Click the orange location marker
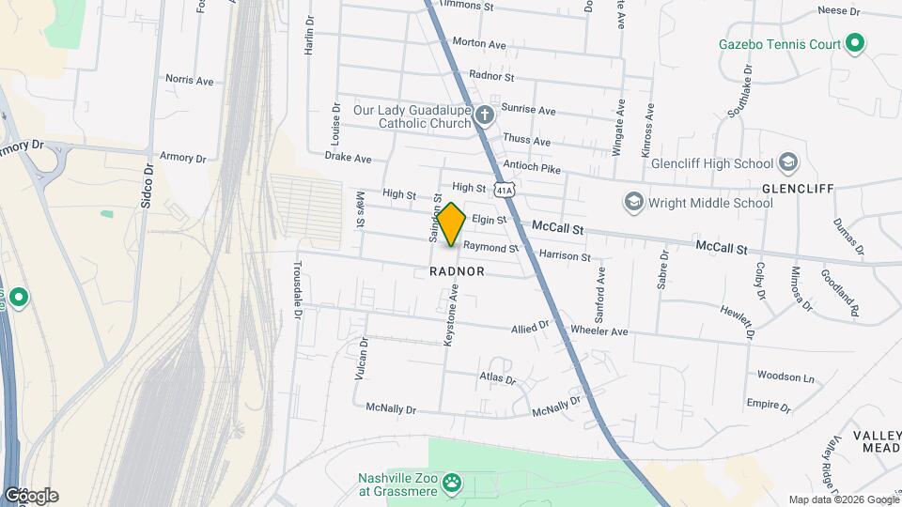click(x=452, y=225)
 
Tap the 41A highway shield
click(x=505, y=189)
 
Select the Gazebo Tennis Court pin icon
click(x=855, y=43)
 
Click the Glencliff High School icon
click(x=787, y=161)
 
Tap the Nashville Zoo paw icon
click(x=453, y=484)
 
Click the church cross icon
click(x=484, y=115)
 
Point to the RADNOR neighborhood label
click(x=457, y=271)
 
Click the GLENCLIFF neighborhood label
click(x=799, y=188)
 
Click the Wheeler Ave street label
click(x=599, y=331)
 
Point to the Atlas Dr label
click(x=498, y=380)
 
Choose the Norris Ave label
click(x=189, y=81)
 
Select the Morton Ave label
click(x=479, y=43)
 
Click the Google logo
click(x=31, y=495)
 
